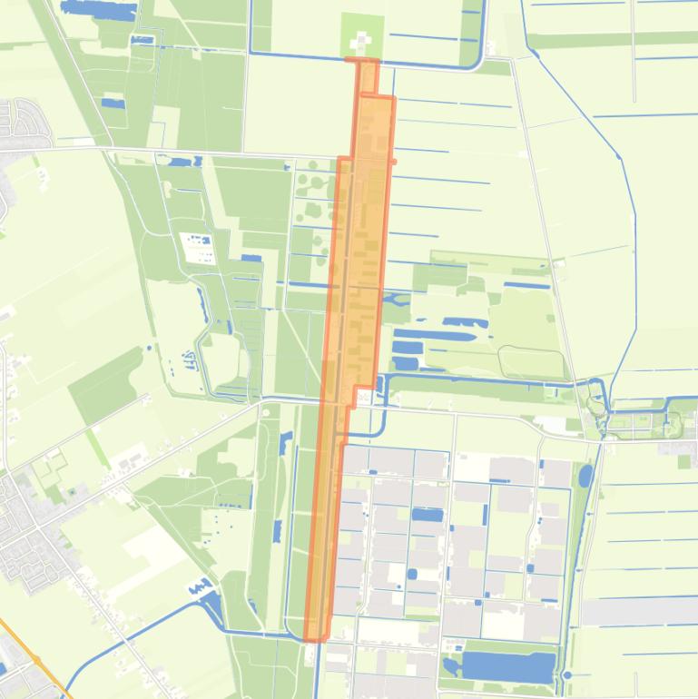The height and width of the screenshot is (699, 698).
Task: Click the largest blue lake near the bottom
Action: click(x=508, y=667)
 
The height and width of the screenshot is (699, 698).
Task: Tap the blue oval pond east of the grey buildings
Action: click(x=585, y=476)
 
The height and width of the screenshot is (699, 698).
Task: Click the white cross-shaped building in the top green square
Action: click(x=361, y=40)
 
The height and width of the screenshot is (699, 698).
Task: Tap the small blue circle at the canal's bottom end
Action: click(x=567, y=675)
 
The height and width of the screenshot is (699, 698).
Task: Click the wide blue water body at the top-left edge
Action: click(x=98, y=10)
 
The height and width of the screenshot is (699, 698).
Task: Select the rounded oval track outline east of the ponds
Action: click(x=531, y=362)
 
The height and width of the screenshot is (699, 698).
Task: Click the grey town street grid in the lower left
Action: click(x=27, y=536)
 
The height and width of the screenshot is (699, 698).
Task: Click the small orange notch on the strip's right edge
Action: click(x=393, y=162)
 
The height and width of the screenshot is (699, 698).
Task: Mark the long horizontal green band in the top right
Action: click(x=608, y=40)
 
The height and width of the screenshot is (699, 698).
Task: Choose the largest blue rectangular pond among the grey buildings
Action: click(x=428, y=515)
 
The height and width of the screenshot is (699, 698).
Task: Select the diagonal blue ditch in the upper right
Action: click(x=581, y=109)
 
